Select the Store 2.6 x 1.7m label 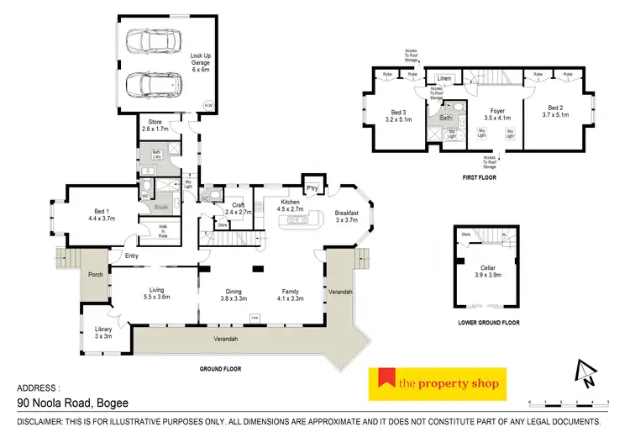156,127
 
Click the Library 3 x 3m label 103,332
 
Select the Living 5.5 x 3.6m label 157,292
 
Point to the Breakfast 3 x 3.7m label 346,217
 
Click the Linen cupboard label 444,79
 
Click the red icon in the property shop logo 384,383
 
